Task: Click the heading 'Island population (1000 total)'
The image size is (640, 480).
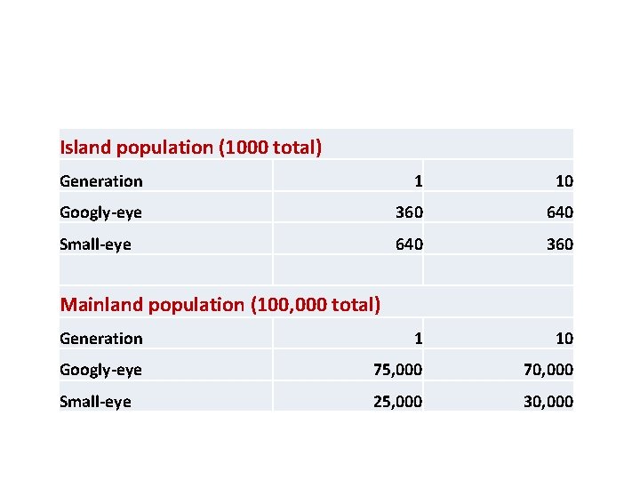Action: [x=190, y=147]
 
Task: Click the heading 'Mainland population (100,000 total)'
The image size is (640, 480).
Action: [x=220, y=305]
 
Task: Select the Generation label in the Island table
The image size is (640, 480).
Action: [x=100, y=181]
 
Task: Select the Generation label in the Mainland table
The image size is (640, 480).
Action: [x=100, y=339]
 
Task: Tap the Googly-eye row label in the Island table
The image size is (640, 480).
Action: [x=100, y=212]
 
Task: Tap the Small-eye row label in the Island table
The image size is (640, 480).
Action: [x=95, y=244]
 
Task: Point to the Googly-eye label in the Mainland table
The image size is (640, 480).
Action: [x=100, y=370]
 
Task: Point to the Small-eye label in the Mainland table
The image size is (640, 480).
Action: [x=95, y=402]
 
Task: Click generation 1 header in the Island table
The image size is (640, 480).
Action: [x=418, y=181]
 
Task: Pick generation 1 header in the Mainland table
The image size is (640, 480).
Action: [x=418, y=339]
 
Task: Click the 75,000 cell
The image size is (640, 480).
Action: [x=397, y=370]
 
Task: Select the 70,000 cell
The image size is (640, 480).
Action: [x=548, y=370]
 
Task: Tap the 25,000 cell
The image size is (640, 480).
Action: [x=397, y=402]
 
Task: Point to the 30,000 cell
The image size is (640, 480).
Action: [x=548, y=402]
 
